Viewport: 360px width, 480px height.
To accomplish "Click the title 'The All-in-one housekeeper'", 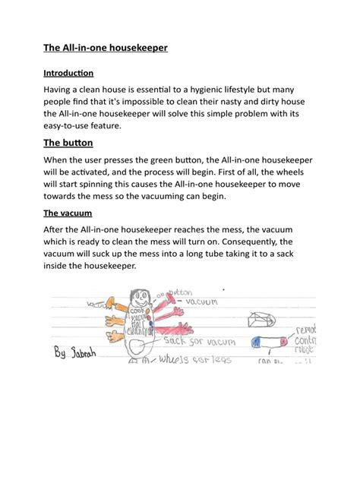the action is (x=105, y=48).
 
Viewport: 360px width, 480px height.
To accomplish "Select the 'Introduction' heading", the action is (x=68, y=74).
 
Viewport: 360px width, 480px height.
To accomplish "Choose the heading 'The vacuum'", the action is (x=68, y=213).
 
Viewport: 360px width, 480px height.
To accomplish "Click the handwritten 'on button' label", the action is (x=178, y=293).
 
